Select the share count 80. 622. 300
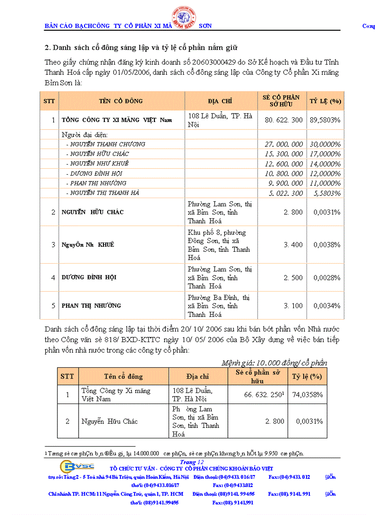pos(284,120)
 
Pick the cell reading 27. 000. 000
pos(284,144)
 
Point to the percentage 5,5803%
pos(327,193)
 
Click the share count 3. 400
pos(293,245)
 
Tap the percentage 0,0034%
pos(327,306)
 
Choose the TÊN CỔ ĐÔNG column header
pos(121,101)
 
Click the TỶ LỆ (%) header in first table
pos(325,101)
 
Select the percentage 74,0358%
pos(308,395)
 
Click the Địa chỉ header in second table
pos(198,377)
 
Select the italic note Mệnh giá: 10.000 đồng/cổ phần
pos(274,363)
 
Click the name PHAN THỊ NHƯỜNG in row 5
pos(91,306)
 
